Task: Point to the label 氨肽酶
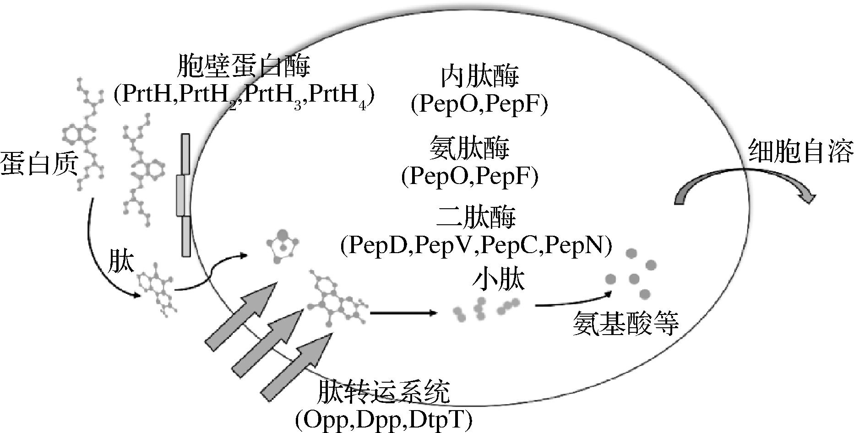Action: coord(470,149)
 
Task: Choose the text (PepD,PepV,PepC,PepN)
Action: coord(476,244)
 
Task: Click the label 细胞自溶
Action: coord(800,152)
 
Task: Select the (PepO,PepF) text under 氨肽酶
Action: coord(469,177)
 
